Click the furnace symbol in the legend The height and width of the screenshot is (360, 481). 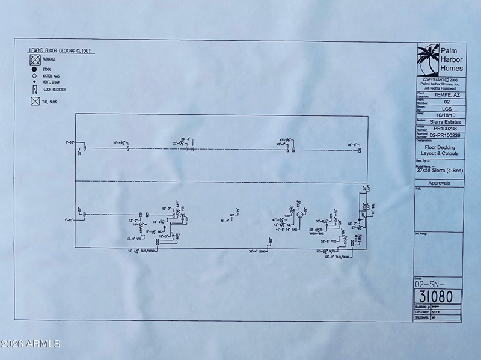35,60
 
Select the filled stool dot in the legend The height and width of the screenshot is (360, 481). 35,70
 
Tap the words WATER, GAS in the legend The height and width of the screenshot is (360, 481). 51,76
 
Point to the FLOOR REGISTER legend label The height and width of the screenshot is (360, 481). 55,90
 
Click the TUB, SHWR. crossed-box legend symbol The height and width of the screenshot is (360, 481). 35,101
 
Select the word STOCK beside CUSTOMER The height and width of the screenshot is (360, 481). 438,313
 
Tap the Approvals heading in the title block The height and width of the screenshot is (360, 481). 440,183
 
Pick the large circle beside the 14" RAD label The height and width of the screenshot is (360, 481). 298,214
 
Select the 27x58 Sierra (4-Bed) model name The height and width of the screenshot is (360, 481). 440,170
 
